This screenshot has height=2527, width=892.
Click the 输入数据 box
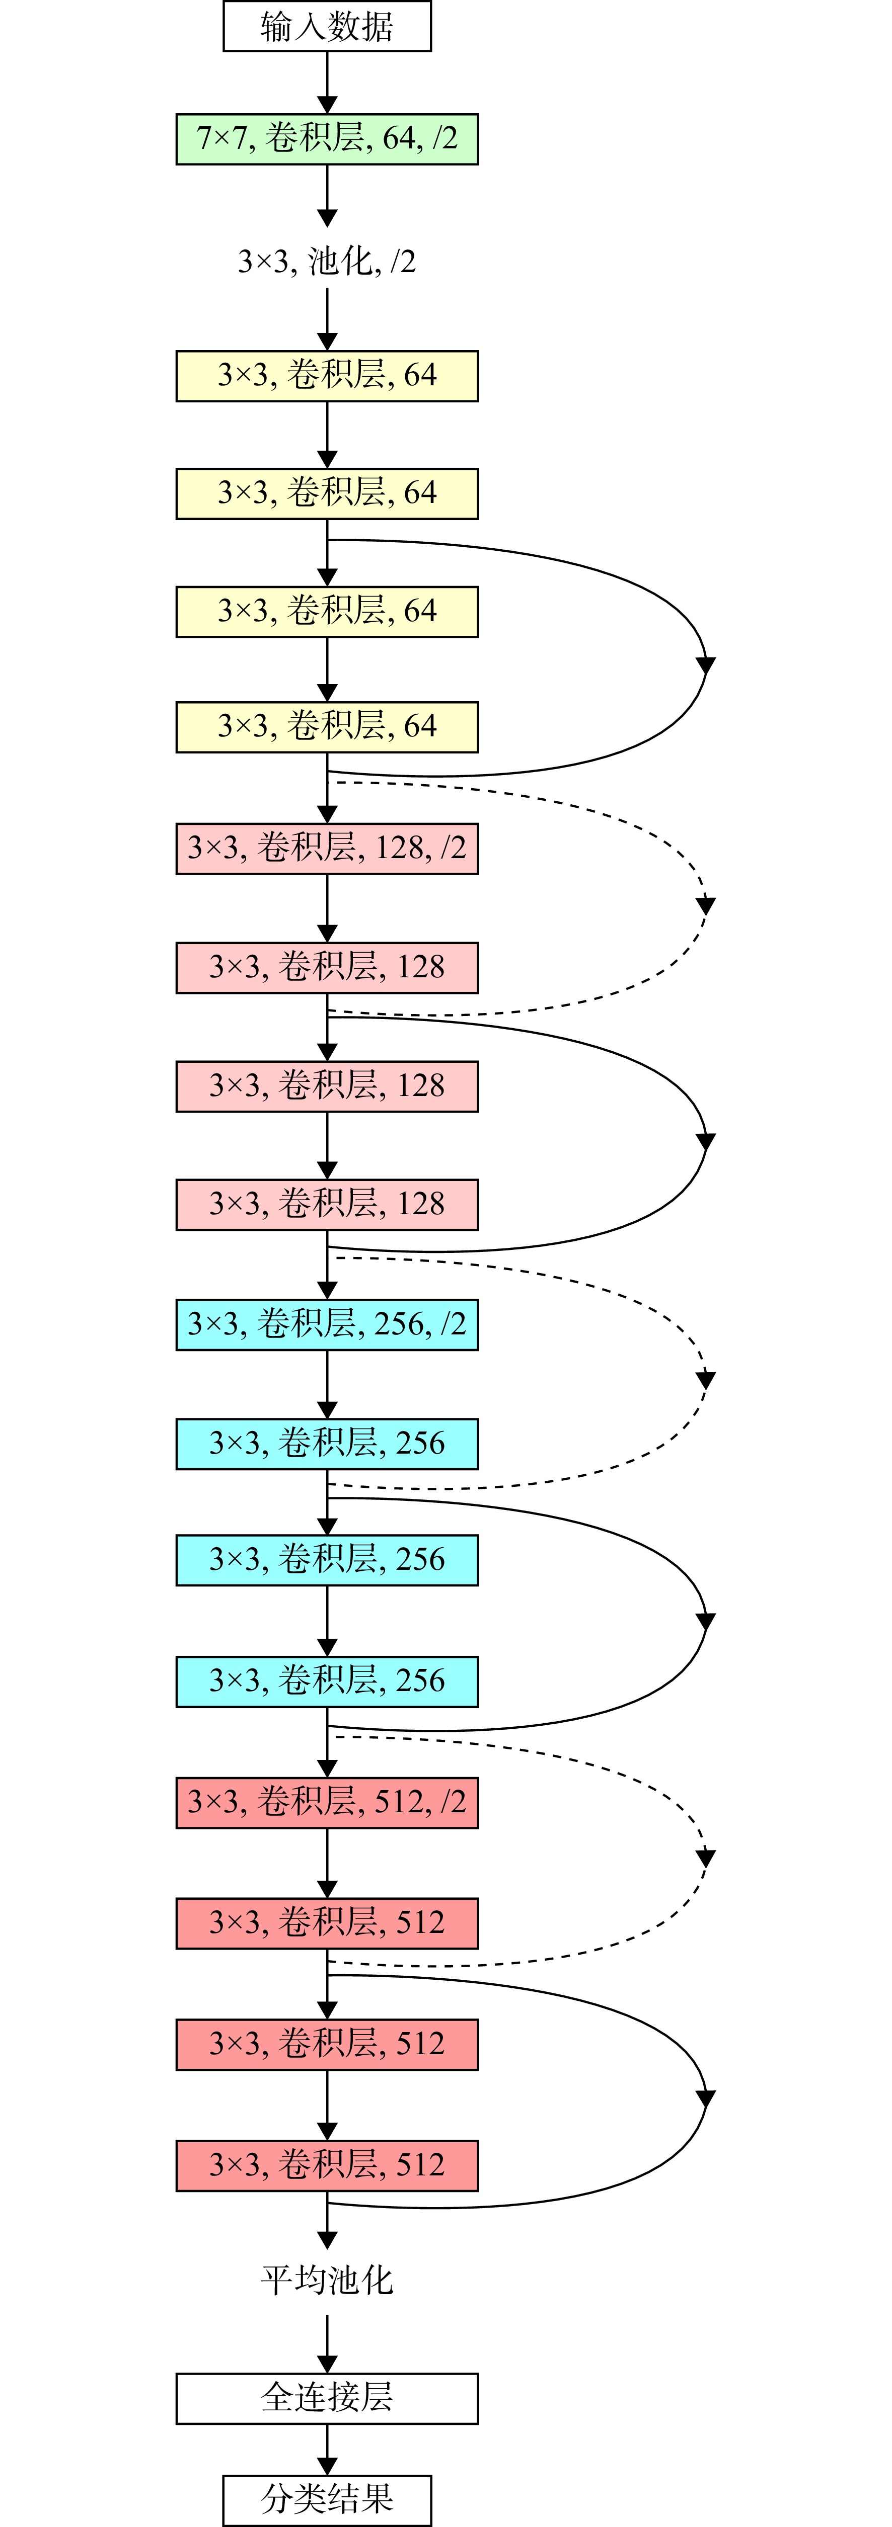(327, 27)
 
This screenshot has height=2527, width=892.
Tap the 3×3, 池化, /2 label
(327, 261)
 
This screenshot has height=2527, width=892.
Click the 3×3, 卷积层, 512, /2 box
(327, 1802)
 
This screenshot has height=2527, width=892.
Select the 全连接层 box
(327, 2399)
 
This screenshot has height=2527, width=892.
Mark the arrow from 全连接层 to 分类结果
(327, 2450)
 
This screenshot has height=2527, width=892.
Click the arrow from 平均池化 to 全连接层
(327, 2344)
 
